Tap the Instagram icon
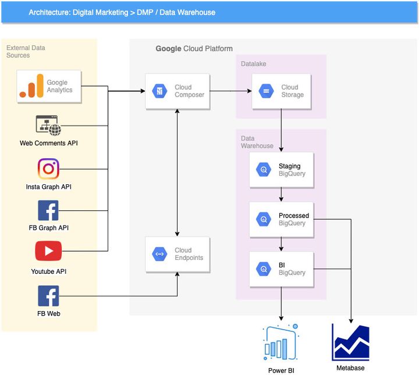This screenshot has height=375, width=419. coord(48,169)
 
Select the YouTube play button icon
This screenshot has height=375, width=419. coord(48,251)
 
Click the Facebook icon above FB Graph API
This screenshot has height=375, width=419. coord(48,210)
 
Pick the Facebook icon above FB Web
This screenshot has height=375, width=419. coord(48,295)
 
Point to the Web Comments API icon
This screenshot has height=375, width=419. coord(48,125)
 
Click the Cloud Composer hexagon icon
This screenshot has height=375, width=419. coord(159,91)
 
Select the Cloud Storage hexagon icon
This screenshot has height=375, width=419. coord(266,91)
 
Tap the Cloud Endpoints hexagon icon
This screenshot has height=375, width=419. coord(159,254)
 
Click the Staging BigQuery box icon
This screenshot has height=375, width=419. coord(264,170)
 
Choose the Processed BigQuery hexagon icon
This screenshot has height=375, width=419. coord(264,220)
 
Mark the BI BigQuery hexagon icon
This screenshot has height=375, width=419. coord(264,269)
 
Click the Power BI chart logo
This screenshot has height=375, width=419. coord(281,343)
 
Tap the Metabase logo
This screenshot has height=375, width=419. coord(350,342)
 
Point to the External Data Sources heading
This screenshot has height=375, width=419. coord(26,51)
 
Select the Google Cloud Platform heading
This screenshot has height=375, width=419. coord(194,49)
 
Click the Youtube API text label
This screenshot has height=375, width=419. coord(48,272)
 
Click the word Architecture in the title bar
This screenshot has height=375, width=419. coord(49,12)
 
